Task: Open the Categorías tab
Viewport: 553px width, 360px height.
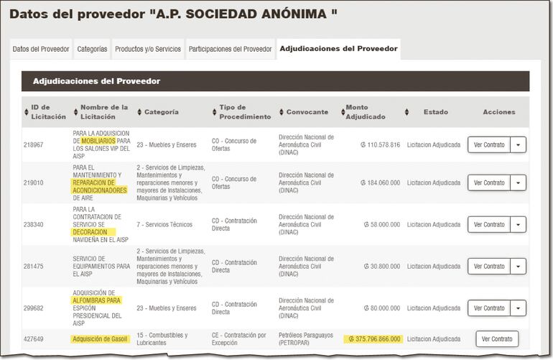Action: (x=92, y=49)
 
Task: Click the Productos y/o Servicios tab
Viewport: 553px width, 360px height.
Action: (x=148, y=49)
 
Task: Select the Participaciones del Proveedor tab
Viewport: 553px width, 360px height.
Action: (x=230, y=49)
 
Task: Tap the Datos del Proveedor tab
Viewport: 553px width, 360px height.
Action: (x=41, y=49)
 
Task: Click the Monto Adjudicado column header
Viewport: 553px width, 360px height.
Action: (x=366, y=112)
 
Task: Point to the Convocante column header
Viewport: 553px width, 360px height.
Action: (x=307, y=112)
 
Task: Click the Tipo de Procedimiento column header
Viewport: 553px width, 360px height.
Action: (x=245, y=112)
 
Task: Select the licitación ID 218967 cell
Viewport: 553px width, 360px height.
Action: (x=34, y=144)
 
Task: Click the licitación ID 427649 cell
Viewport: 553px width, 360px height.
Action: (x=34, y=338)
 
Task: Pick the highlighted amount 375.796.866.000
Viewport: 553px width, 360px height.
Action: (x=373, y=339)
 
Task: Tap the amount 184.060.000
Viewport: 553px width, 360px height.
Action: (x=380, y=183)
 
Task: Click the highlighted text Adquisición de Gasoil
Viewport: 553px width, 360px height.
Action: (x=101, y=339)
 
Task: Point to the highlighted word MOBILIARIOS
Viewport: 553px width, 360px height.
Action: (x=97, y=141)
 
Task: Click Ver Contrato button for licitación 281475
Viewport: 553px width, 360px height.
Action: (x=489, y=266)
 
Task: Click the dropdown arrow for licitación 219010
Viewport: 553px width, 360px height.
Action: (x=519, y=183)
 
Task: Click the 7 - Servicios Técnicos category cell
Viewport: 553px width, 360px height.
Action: (x=164, y=224)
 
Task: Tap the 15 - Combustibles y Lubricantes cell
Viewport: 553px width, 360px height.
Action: (x=162, y=338)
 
